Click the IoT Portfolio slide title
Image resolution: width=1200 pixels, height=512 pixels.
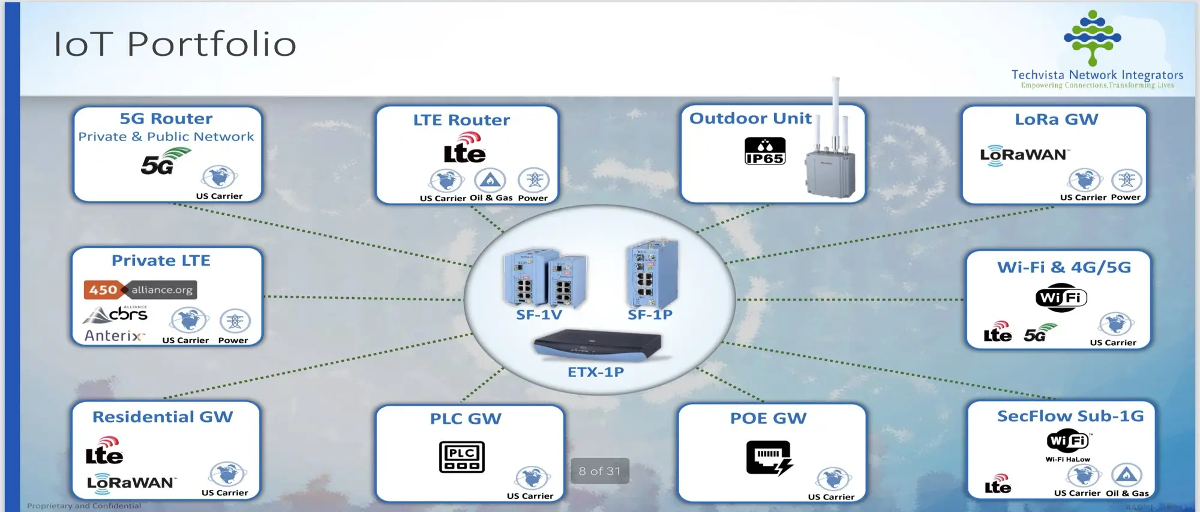pyautogui.click(x=175, y=44)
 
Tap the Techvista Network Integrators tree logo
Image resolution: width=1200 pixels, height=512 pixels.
pyautogui.click(x=1092, y=37)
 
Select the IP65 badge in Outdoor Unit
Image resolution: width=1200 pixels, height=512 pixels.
pyautogui.click(x=764, y=151)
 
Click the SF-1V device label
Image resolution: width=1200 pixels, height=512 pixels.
pyautogui.click(x=539, y=315)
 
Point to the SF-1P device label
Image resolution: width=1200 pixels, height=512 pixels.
pyautogui.click(x=650, y=315)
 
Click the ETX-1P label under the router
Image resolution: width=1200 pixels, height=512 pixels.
pyautogui.click(x=596, y=372)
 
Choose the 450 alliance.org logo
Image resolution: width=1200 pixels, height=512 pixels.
pyautogui.click(x=140, y=290)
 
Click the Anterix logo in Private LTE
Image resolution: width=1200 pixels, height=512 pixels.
pyautogui.click(x=114, y=336)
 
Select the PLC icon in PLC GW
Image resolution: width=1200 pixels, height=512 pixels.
pyautogui.click(x=461, y=457)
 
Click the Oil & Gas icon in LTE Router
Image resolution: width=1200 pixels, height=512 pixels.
pyautogui.click(x=490, y=180)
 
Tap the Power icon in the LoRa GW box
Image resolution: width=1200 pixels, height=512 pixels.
pyautogui.click(x=1126, y=180)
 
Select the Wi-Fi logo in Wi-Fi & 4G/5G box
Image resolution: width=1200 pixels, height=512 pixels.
pyautogui.click(x=1061, y=298)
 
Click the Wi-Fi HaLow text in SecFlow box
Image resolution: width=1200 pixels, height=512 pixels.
pyautogui.click(x=1067, y=459)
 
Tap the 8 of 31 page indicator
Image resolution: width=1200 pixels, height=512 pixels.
pyautogui.click(x=599, y=471)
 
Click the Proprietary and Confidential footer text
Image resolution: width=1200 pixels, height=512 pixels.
pyautogui.click(x=84, y=506)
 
